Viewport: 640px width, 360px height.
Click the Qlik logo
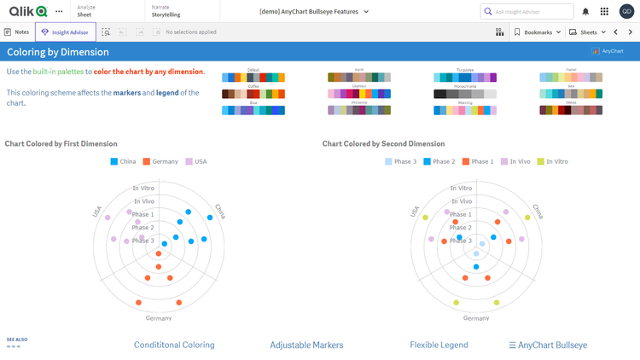click(27, 11)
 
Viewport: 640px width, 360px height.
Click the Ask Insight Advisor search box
click(529, 11)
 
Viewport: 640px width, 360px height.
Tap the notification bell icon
click(585, 11)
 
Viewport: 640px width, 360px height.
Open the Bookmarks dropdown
click(538, 32)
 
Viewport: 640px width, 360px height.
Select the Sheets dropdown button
click(588, 32)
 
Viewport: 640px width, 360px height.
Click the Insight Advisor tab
click(66, 32)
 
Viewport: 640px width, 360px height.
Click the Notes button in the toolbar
click(17, 32)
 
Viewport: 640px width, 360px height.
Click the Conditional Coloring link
click(174, 345)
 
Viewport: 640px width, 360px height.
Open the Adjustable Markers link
click(306, 345)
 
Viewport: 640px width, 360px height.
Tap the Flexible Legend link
click(439, 345)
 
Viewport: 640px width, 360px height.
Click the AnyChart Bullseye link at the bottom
click(548, 345)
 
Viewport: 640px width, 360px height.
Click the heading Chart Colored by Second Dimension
click(383, 143)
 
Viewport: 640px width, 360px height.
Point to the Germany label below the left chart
click(158, 318)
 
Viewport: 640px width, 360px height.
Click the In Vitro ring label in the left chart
click(143, 188)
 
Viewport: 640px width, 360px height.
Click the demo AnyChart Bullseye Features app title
click(314, 11)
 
